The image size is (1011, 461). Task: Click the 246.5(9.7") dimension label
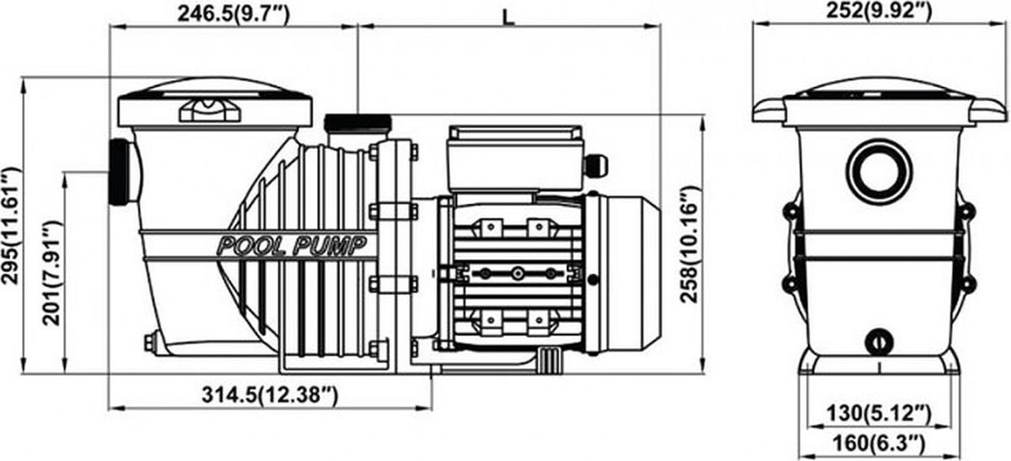[x=233, y=13]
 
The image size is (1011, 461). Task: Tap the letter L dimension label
[x=509, y=18]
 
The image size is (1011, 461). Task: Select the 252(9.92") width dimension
[x=879, y=11]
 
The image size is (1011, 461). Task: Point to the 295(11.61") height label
[x=11, y=226]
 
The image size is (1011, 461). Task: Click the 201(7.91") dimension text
[x=51, y=273]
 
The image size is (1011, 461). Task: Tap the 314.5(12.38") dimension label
[x=270, y=395]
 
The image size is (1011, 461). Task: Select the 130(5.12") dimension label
[x=878, y=413]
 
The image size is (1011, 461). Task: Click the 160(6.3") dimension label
[x=878, y=443]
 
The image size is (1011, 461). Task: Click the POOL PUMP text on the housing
[x=292, y=246]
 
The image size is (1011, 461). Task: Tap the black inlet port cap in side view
[x=119, y=173]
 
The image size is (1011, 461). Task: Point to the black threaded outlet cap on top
[x=357, y=123]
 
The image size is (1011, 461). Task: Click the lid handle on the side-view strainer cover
[x=210, y=110]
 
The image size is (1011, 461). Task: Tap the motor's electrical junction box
[x=515, y=159]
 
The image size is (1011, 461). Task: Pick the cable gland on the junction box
[x=596, y=165]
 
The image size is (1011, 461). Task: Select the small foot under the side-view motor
[x=550, y=362]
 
